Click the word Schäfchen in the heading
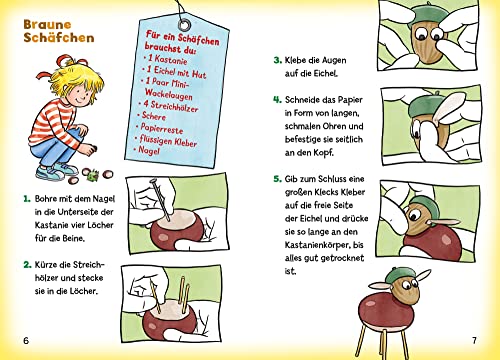click(52, 38)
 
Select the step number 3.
click(276, 60)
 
